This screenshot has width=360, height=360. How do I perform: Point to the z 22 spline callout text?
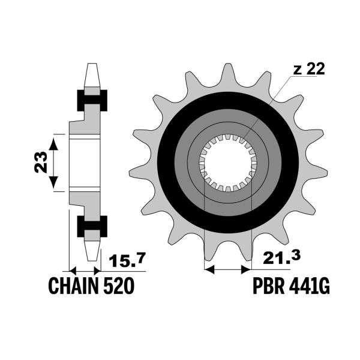click(x=309, y=69)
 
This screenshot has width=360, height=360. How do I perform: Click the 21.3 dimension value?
click(x=282, y=257)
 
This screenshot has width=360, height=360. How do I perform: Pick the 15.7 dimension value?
click(x=127, y=260)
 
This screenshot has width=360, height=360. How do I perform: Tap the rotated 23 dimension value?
click(x=41, y=162)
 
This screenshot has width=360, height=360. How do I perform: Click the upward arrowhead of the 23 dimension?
click(x=53, y=144)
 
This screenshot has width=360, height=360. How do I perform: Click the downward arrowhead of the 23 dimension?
click(x=53, y=182)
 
